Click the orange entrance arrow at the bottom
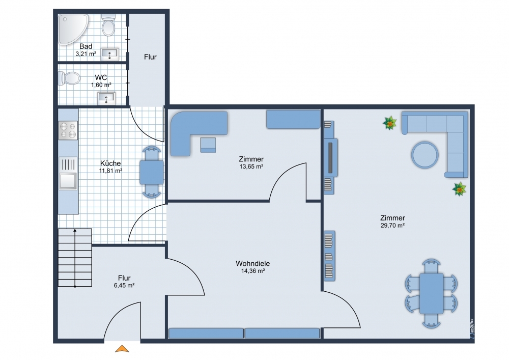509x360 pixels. pyautogui.click(x=122, y=349)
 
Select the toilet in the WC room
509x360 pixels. pyautogui.click(x=69, y=78)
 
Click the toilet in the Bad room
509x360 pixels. pyautogui.click(x=108, y=24)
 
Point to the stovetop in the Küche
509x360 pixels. pyautogui.click(x=68, y=130)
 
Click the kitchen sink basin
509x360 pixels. pyautogui.click(x=68, y=181)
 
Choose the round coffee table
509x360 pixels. pyautogui.click(x=425, y=154)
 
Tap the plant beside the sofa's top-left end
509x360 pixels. pyautogui.click(x=389, y=123)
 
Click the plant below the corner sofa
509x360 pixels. pyautogui.click(x=459, y=189)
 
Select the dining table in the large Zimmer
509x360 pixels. pyautogui.click(x=432, y=293)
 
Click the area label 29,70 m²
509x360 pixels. pyautogui.click(x=392, y=225)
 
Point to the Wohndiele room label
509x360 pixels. pyautogui.click(x=252, y=263)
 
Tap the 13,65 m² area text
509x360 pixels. pyautogui.click(x=251, y=167)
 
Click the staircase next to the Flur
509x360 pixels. pyautogui.click(x=75, y=258)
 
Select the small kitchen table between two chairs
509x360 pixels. pyautogui.click(x=152, y=173)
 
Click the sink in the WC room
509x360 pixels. pyautogui.click(x=106, y=98)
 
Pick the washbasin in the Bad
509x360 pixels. pyautogui.click(x=110, y=54)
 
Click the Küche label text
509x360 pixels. pyautogui.click(x=110, y=163)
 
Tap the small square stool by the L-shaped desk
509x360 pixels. pyautogui.click(x=208, y=145)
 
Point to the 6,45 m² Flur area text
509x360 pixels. pyautogui.click(x=124, y=286)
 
